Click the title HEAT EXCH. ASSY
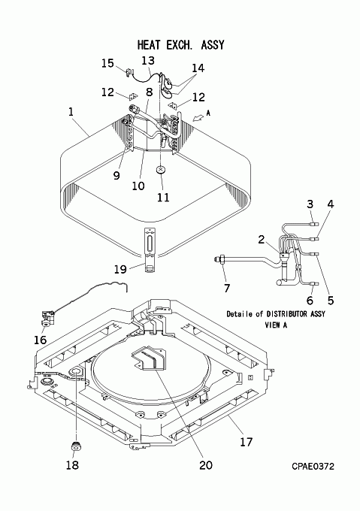181,44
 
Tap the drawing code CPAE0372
313,467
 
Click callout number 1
71,112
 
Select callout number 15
107,63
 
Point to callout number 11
163,197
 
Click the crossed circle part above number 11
161,170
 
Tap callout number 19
120,269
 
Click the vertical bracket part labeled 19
150,250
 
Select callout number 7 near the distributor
227,288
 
